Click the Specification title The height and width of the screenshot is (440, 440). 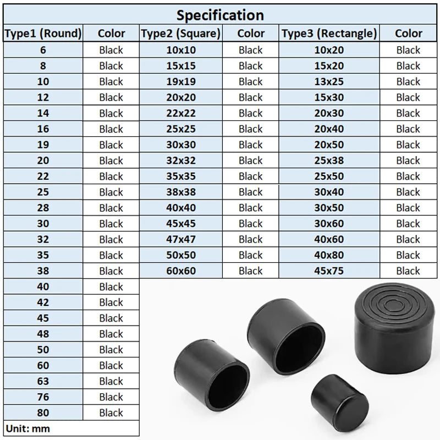click(x=220, y=15)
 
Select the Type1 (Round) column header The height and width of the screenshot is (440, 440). click(x=43, y=34)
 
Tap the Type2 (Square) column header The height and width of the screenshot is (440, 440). click(x=181, y=34)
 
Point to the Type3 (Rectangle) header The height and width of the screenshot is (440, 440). click(x=329, y=34)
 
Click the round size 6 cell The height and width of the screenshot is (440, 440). click(x=43, y=50)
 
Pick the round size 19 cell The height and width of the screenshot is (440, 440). click(x=43, y=145)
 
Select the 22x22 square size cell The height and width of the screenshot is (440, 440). click(x=181, y=113)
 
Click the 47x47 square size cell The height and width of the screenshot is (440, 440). click(x=181, y=239)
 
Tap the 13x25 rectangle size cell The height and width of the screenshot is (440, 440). click(x=329, y=81)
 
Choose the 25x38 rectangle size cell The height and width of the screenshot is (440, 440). click(x=329, y=160)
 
